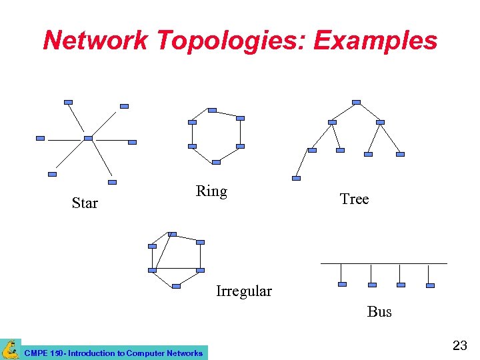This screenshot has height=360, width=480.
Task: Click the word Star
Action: point(85,203)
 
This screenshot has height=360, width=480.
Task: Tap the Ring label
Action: point(211,191)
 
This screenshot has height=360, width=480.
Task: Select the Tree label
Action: point(354,199)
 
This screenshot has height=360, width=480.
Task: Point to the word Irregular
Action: point(244,291)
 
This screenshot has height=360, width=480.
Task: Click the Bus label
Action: point(379,311)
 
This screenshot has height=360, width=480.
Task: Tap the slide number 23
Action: point(460,345)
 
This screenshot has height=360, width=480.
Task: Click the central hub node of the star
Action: point(88,139)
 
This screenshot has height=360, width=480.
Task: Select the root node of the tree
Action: point(356,102)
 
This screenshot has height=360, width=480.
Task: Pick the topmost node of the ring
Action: point(212,110)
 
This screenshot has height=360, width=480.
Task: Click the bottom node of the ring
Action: point(216,162)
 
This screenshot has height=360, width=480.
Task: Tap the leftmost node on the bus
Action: point(342,285)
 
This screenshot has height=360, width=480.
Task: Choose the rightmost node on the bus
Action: point(430,285)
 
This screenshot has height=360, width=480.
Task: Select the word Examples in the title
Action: point(375,41)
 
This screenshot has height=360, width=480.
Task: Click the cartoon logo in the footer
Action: point(10,349)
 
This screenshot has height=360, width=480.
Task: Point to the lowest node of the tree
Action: point(297,178)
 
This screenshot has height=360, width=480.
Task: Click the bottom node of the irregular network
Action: point(176,286)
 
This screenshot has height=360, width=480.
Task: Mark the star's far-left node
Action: point(40,139)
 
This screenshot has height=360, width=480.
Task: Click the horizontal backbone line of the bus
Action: point(383,263)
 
